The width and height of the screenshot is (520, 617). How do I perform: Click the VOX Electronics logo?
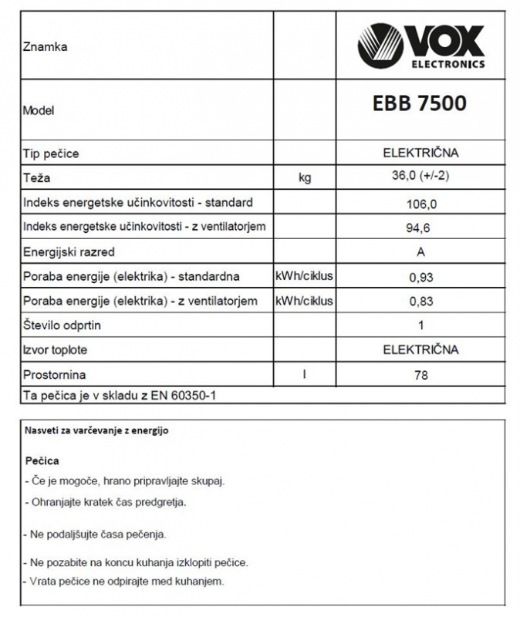(420, 47)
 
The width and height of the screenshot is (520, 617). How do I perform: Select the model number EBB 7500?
(420, 103)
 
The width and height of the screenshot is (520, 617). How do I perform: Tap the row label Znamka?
(46, 47)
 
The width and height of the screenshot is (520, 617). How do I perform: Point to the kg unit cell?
(305, 178)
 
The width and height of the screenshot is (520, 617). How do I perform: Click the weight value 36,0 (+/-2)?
(420, 177)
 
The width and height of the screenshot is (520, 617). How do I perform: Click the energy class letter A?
(420, 251)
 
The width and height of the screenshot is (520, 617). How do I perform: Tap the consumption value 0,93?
(420, 276)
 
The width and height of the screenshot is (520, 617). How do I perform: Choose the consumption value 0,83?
(420, 301)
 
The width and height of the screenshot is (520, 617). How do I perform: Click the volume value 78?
(420, 376)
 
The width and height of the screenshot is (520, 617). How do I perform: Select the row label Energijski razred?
(69, 251)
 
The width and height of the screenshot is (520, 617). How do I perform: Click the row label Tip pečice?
(51, 153)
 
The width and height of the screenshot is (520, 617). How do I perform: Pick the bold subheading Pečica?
(42, 460)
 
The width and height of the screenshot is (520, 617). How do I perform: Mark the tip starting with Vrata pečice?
(124, 581)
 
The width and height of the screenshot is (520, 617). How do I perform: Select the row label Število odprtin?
(62, 325)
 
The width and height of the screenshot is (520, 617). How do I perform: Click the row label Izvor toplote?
(55, 350)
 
